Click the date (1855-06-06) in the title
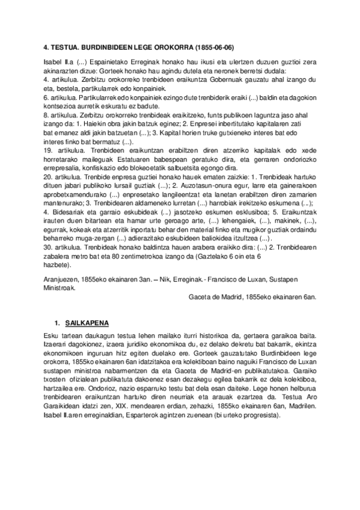pyautogui.click(x=212, y=49)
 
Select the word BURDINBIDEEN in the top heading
pyautogui.click(x=104, y=49)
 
